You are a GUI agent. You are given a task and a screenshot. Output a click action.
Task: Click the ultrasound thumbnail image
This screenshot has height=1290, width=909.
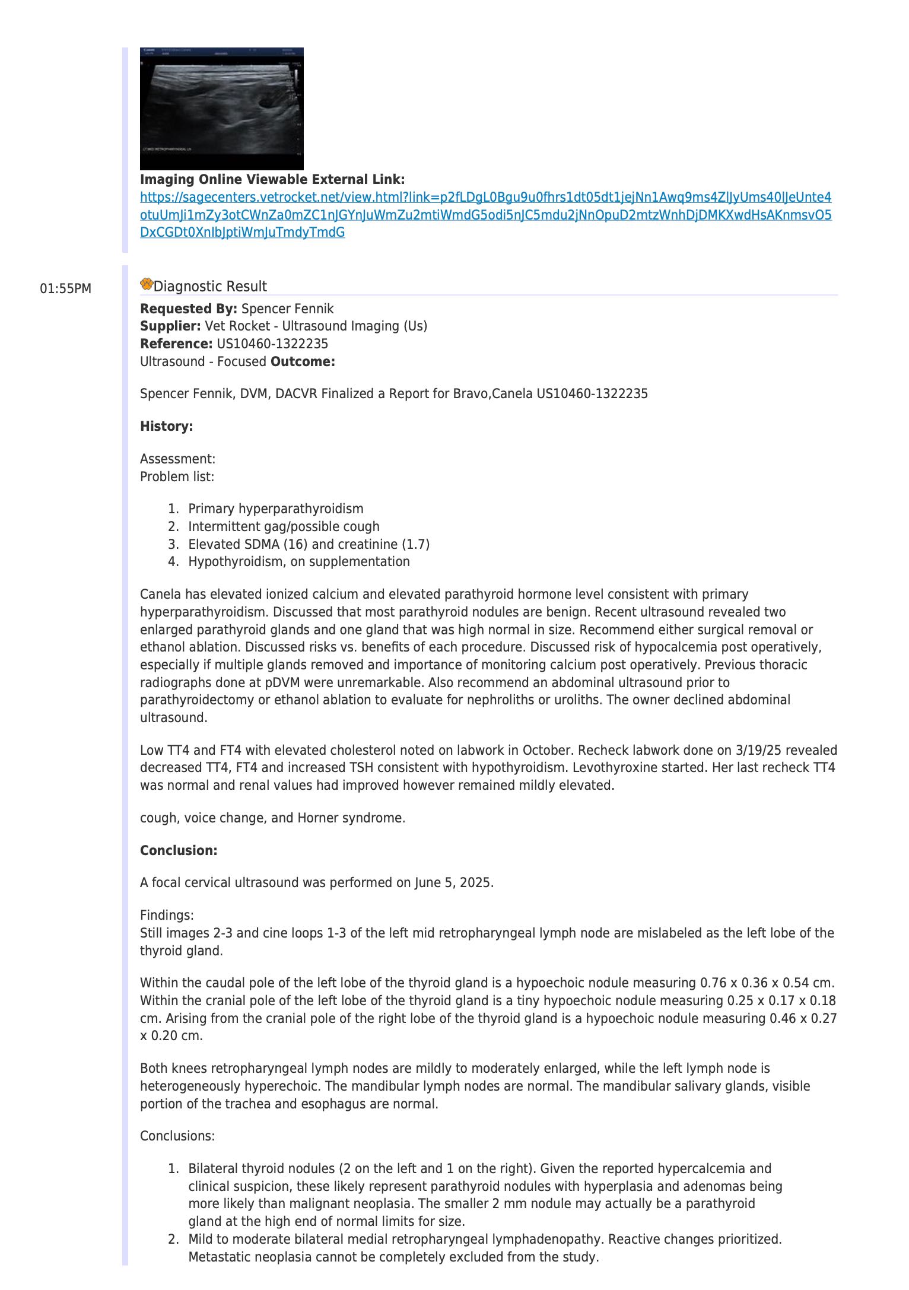tap(221, 109)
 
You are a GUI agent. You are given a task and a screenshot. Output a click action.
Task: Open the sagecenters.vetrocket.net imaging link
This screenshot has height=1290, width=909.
tap(485, 215)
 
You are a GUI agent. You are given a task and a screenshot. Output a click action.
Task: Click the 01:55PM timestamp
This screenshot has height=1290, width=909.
tap(65, 289)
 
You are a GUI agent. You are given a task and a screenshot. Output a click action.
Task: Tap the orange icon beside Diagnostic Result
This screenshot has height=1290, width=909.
tap(147, 285)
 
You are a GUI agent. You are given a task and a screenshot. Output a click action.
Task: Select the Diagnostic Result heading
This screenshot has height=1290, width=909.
tap(210, 287)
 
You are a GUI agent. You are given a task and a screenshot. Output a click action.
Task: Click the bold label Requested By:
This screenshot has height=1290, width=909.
tap(188, 309)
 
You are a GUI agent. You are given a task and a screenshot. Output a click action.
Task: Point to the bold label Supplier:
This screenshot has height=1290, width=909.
tap(170, 326)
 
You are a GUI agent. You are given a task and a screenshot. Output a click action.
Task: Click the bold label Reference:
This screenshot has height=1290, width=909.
tap(176, 344)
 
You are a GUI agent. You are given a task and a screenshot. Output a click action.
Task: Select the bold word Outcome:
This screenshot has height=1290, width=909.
tap(303, 362)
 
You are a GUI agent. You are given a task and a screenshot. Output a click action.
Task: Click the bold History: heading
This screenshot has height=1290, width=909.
tap(166, 427)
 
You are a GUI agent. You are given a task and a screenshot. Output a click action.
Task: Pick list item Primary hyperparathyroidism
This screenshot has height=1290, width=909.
tap(275, 509)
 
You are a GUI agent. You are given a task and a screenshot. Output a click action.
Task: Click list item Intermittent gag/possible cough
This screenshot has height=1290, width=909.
tap(284, 527)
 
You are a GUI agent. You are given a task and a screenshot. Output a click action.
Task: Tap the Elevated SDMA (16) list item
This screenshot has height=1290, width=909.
tap(309, 545)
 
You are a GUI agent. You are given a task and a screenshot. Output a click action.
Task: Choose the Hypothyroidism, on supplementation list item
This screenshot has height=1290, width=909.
tap(298, 562)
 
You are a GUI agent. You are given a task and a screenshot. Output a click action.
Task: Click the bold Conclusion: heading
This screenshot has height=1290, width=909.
tap(179, 851)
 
